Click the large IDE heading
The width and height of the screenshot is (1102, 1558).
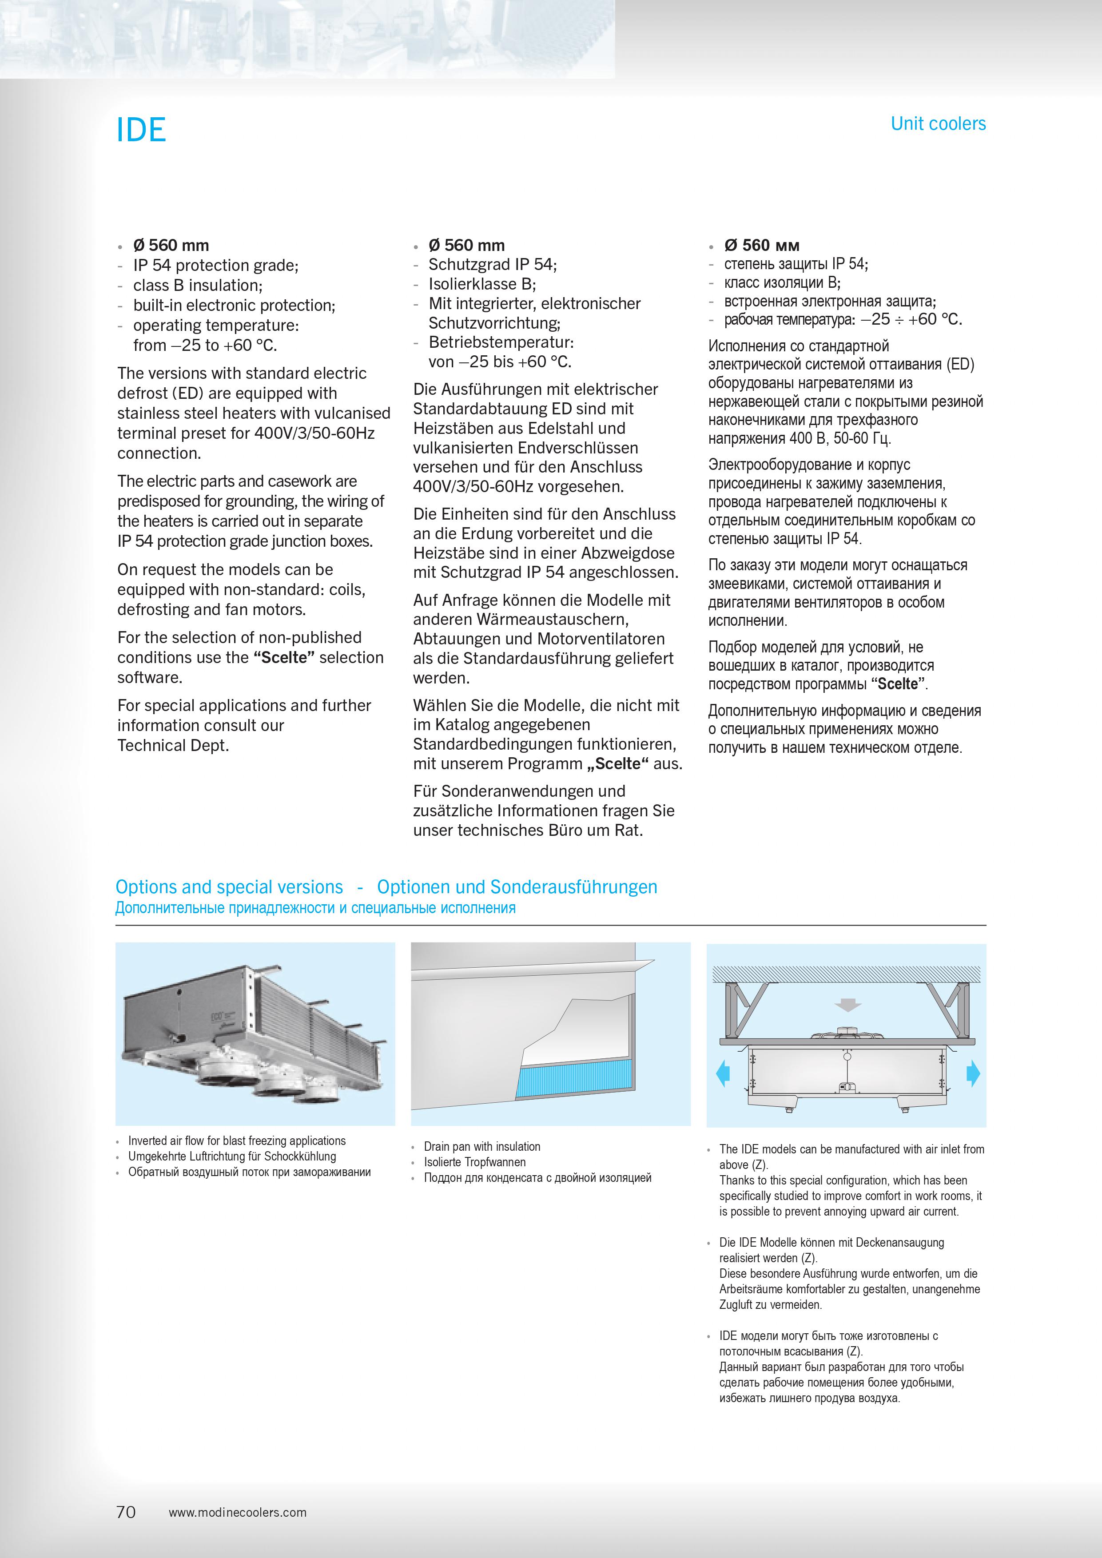(141, 130)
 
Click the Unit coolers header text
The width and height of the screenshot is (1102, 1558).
(938, 124)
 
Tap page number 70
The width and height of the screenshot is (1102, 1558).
(126, 1512)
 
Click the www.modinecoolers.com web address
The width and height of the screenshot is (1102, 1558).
(238, 1513)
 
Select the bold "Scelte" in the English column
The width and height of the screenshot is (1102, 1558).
(284, 658)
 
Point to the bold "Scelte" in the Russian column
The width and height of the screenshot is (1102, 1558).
(898, 684)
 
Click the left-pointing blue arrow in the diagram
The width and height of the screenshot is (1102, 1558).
(723, 1073)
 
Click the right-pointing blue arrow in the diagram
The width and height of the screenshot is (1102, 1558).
(973, 1073)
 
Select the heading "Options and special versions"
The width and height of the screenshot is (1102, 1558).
(229, 887)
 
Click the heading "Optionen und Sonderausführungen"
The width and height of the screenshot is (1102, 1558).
(517, 887)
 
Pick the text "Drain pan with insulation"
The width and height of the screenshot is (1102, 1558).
(482, 1146)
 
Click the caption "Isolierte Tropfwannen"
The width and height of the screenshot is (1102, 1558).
(474, 1162)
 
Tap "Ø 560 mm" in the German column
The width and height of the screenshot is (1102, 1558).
(466, 245)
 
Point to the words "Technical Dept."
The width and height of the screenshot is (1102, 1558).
(173, 745)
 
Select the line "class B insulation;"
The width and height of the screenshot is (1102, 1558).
(198, 285)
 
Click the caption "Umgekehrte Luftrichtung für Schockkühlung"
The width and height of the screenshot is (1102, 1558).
(232, 1156)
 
